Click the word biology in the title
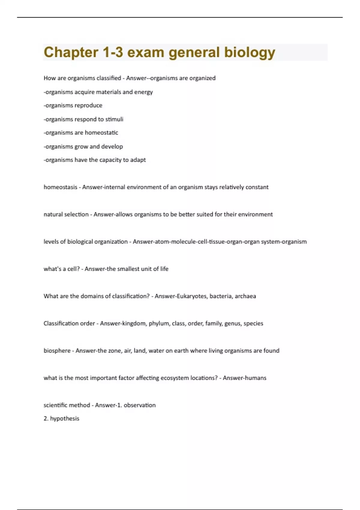pos(250,52)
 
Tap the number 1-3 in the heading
pos(113,52)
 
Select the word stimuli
pos(114,119)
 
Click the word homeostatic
pos(101,133)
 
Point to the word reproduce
pos(88,106)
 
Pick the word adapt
pos(138,160)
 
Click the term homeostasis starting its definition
pos(60,187)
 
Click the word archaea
pos(245,296)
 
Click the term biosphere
pos(57,351)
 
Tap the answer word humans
pos(256,378)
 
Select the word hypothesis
pos(64,418)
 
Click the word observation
pos(140,405)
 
